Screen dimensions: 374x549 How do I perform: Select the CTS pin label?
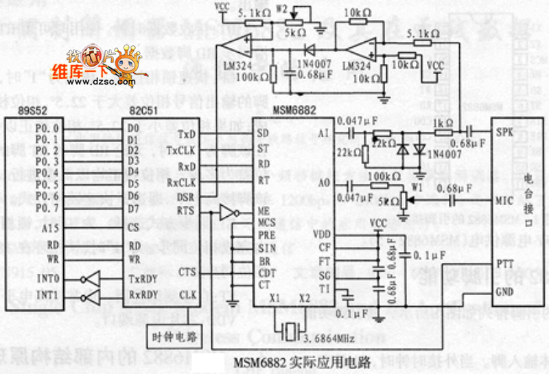(x=187, y=272)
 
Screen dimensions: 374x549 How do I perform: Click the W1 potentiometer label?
(x=414, y=185)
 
